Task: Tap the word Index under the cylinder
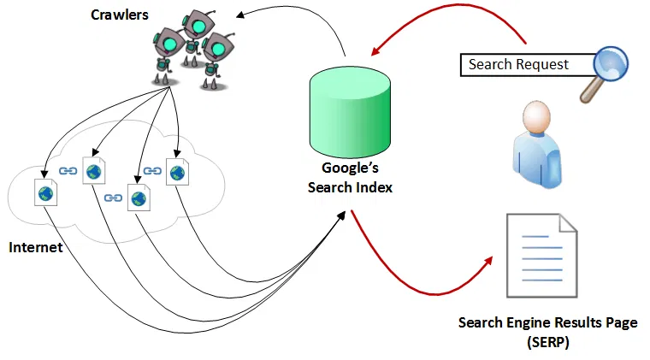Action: tap(370, 187)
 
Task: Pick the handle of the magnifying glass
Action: tap(589, 93)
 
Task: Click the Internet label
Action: tap(37, 247)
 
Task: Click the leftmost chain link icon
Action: tap(68, 171)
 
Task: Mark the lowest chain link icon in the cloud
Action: tap(113, 198)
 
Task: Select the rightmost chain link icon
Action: tap(152, 171)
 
